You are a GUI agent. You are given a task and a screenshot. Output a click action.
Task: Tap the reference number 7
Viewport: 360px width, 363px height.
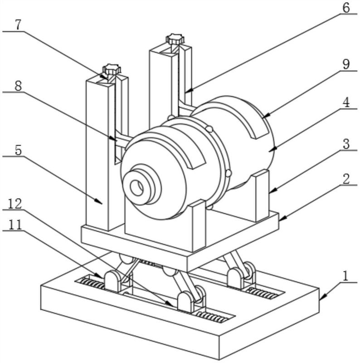click(x=18, y=25)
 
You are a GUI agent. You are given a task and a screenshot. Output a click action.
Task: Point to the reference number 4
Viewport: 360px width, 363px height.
click(x=346, y=103)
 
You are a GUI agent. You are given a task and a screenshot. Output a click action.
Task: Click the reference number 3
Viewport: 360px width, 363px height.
click(x=346, y=144)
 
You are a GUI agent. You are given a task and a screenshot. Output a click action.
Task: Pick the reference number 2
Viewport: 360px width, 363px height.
click(x=346, y=179)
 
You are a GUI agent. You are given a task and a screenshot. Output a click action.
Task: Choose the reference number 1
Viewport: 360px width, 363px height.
click(x=345, y=276)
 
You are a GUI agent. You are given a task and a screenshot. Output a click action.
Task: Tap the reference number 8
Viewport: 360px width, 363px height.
click(x=18, y=86)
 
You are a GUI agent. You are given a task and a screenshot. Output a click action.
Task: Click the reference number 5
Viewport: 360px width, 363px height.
click(x=18, y=150)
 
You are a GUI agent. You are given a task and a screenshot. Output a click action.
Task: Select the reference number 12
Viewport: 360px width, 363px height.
click(x=15, y=204)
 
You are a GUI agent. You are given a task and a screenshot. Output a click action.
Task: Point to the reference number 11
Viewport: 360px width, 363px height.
click(x=15, y=224)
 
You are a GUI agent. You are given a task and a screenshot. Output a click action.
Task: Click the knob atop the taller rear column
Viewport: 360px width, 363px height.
click(x=175, y=39)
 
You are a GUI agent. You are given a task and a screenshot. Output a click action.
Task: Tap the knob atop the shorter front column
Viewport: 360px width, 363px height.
click(x=112, y=69)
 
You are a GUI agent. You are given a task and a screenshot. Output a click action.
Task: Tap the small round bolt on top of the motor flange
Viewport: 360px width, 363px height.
click(x=209, y=129)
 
